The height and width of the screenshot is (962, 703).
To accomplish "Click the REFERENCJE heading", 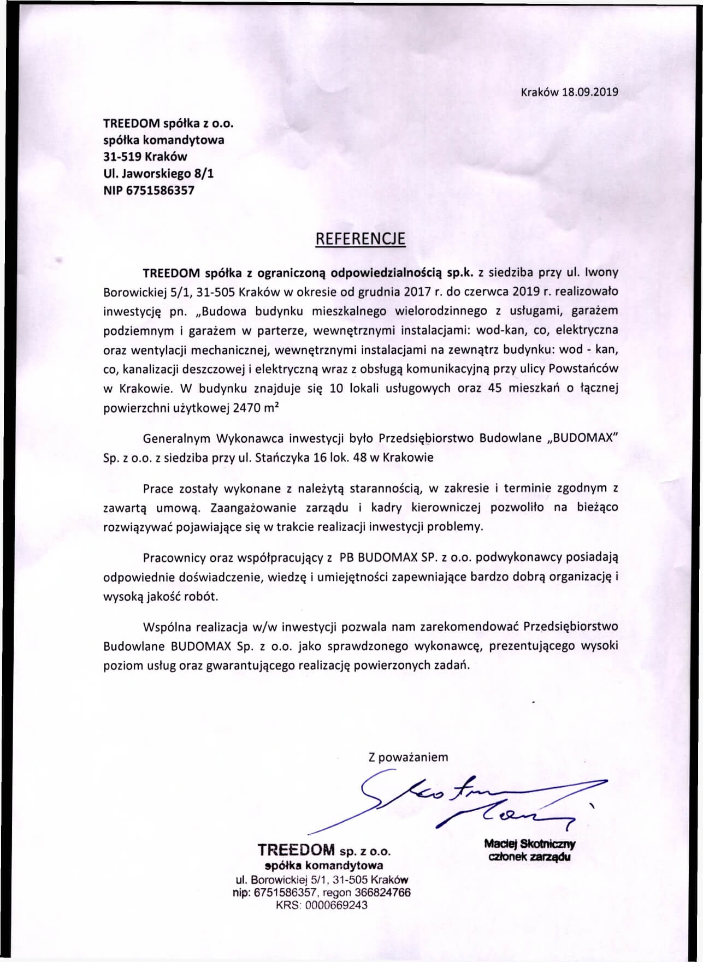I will click(361, 239).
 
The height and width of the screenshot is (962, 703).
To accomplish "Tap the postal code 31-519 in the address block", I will click(123, 157).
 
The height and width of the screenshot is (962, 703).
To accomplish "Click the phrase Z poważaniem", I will click(409, 757).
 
